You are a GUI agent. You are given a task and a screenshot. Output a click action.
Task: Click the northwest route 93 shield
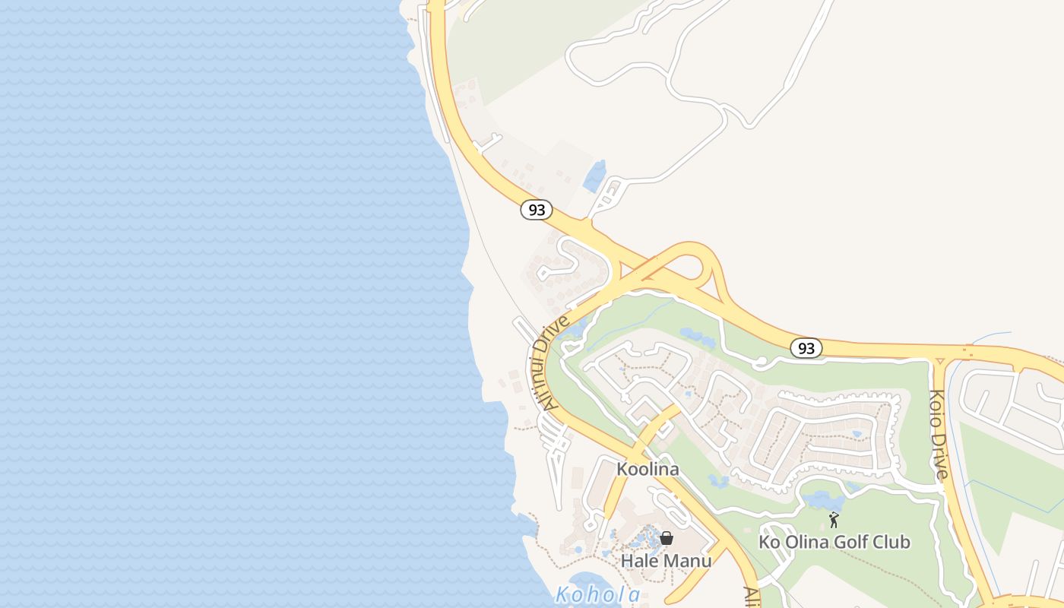click(x=537, y=210)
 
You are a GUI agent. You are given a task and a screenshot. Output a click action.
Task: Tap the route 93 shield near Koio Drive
click(x=806, y=348)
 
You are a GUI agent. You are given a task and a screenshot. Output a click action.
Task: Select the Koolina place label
click(x=648, y=469)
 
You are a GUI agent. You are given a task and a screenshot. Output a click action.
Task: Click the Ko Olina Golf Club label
click(x=834, y=542)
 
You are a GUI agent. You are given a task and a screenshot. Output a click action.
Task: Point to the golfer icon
click(x=834, y=520)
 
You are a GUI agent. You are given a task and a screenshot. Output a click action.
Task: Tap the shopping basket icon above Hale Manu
click(x=667, y=538)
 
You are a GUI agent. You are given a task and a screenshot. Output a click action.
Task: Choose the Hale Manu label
click(x=666, y=561)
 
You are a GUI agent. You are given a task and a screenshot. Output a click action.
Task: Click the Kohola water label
click(x=598, y=594)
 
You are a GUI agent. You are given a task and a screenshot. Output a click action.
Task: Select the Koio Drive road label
click(x=939, y=434)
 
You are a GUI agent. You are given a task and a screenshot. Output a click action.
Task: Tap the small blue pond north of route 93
click(x=595, y=176)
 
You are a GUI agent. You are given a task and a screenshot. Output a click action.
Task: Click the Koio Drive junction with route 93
click(x=939, y=355)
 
